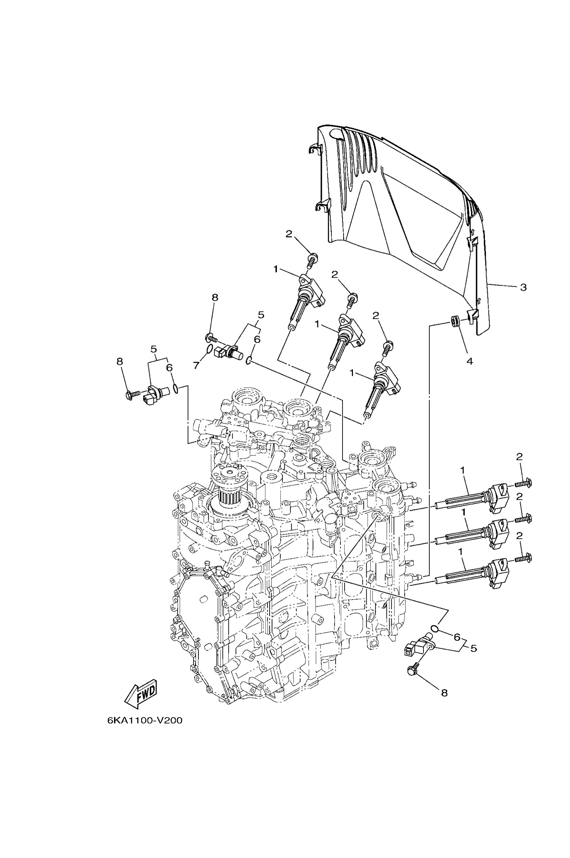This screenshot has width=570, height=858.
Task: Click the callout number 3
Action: coord(523,287)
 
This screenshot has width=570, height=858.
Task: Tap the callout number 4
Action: coord(470,361)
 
